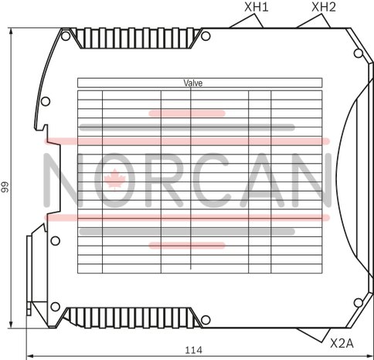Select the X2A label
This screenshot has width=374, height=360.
tap(342, 343)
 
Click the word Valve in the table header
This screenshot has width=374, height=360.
tap(193, 83)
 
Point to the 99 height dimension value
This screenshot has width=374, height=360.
tap(5, 187)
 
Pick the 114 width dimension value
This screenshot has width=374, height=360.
tap(194, 350)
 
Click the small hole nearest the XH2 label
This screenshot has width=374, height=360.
tap(358, 53)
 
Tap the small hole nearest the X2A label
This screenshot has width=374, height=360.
tap(358, 303)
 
